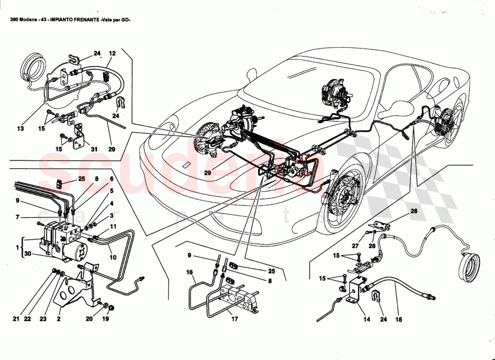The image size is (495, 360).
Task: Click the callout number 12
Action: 112,54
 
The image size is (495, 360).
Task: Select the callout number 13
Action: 20,129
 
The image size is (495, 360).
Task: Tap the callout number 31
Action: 94,149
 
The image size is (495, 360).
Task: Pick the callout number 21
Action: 16,319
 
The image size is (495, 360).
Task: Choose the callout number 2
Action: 58,319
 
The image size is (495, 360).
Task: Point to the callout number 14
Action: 366,319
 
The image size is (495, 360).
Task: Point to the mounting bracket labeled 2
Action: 76,288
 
